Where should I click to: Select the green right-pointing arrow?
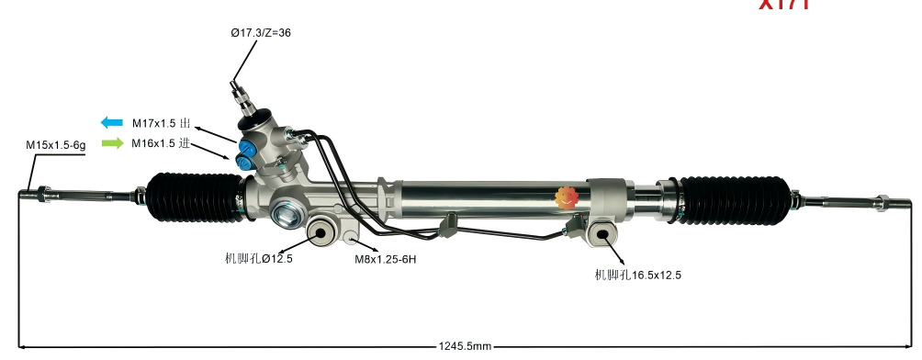tap(112, 143)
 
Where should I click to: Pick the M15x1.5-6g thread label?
tap(55, 145)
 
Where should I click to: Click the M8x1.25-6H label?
tap(387, 259)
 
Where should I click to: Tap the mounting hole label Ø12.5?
tap(258, 259)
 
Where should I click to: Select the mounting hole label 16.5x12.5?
tap(637, 275)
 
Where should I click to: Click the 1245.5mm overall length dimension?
tap(466, 346)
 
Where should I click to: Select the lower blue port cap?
tap(244, 162)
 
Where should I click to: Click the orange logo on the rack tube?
tap(565, 196)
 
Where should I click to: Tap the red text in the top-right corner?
tap(783, 5)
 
